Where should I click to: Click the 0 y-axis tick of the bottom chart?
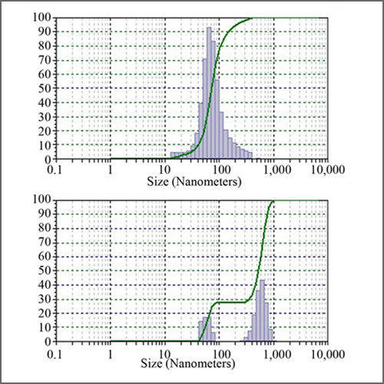(47, 341)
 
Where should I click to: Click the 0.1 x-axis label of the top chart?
(56, 170)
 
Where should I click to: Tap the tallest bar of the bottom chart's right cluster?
(263, 311)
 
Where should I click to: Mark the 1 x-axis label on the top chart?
(111, 170)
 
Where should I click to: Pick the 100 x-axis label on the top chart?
(220, 170)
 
